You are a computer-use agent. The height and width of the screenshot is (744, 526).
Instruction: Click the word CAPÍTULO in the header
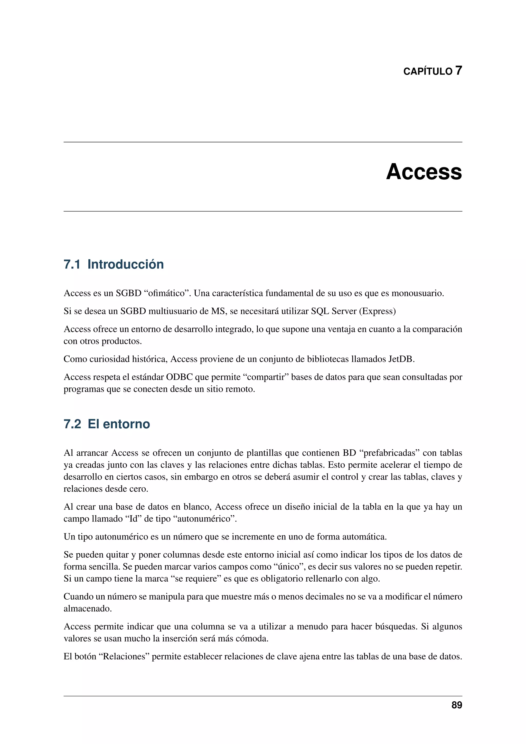(x=428, y=71)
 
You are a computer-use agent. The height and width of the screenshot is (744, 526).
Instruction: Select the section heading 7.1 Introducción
(x=114, y=264)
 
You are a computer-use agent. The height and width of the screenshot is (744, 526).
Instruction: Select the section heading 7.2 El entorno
(x=107, y=424)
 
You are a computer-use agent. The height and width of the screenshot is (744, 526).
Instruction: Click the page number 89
(x=457, y=705)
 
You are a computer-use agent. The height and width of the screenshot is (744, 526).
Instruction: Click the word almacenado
(x=87, y=609)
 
